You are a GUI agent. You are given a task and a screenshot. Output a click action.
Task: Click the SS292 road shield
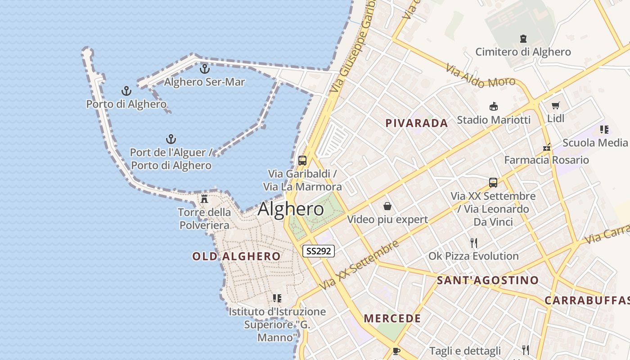point(319,251)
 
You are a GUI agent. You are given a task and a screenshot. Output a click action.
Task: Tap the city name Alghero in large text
point(291,209)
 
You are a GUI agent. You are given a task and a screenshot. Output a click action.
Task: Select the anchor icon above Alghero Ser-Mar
point(205,69)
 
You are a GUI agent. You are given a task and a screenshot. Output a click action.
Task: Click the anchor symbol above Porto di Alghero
point(126,91)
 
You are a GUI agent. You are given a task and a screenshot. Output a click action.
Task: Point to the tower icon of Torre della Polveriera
point(204,198)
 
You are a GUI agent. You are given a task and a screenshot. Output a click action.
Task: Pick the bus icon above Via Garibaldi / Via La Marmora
point(302,161)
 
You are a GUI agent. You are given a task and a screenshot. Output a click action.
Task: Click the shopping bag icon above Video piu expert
point(387,206)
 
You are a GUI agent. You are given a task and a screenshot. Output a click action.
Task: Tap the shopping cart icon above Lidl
point(556,106)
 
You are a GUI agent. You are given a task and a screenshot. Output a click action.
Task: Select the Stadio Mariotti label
point(494,120)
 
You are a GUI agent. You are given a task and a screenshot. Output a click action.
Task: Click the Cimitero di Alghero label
point(523,52)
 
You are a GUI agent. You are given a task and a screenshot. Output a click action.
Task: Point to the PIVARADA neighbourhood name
point(417,123)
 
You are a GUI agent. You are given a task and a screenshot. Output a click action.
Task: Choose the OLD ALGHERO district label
point(236,256)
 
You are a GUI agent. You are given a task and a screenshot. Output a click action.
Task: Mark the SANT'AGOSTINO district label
point(488,281)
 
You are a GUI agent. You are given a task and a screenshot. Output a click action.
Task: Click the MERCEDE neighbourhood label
point(392,319)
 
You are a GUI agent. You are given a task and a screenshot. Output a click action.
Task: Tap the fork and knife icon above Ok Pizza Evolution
point(473,243)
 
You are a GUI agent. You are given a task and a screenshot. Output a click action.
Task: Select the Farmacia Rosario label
point(546,160)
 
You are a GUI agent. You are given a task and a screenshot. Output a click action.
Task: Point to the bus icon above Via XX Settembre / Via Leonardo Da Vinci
point(493,183)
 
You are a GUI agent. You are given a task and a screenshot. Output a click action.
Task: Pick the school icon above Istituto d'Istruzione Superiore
point(277,298)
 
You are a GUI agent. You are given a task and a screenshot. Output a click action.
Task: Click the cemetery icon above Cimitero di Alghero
point(523,39)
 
